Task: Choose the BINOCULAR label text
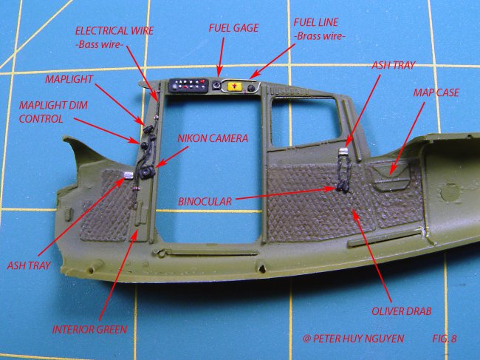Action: pos(205,200)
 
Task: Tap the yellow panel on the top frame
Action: pos(235,87)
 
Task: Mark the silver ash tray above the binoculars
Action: pos(343,153)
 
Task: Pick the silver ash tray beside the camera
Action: pos(127,175)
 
